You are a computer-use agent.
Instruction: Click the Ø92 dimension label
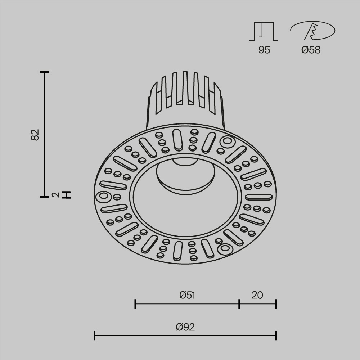point(185,327)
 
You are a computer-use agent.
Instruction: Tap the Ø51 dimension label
point(187,295)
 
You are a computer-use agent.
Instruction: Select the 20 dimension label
point(257,295)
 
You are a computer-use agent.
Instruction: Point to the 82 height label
point(35,134)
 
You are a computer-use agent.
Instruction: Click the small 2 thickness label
point(55,195)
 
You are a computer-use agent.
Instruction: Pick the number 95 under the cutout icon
point(264,50)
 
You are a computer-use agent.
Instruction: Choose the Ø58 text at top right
point(311,50)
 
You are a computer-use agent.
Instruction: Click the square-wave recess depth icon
point(264,31)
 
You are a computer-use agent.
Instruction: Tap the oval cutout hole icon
point(312,31)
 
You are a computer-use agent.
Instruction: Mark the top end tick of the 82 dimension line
point(44,72)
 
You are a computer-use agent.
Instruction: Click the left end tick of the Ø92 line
point(94,336)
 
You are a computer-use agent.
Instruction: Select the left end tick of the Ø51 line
point(135,304)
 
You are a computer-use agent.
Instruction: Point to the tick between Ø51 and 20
point(239,304)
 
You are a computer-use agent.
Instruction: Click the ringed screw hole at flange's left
point(103,197)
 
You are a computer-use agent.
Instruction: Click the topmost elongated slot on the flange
point(177,139)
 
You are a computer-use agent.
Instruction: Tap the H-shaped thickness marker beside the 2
point(67,195)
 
